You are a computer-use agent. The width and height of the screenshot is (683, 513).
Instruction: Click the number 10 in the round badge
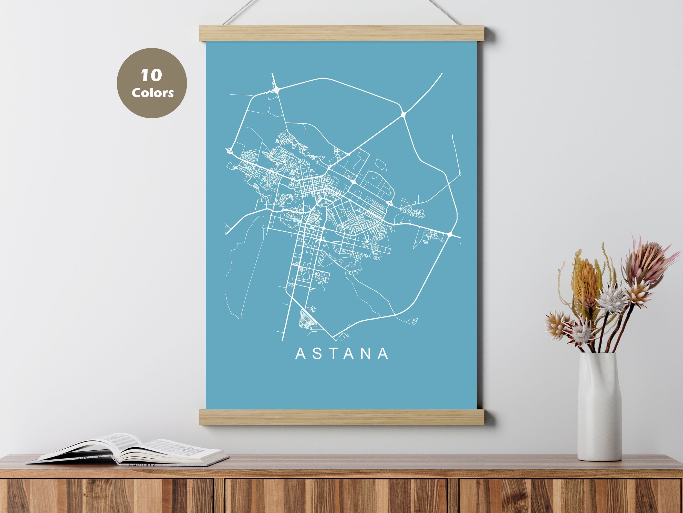click(x=151, y=75)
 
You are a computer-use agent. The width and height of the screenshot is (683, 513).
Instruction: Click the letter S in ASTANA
click(x=317, y=354)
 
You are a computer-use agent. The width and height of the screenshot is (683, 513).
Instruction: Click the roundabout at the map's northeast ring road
click(x=403, y=115)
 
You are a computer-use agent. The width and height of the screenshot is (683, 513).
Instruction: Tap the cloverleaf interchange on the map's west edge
click(x=229, y=152)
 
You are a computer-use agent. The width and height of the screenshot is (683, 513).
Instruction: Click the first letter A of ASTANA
click(x=301, y=354)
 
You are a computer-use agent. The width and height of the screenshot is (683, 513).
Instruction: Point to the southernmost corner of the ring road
click(x=334, y=337)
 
